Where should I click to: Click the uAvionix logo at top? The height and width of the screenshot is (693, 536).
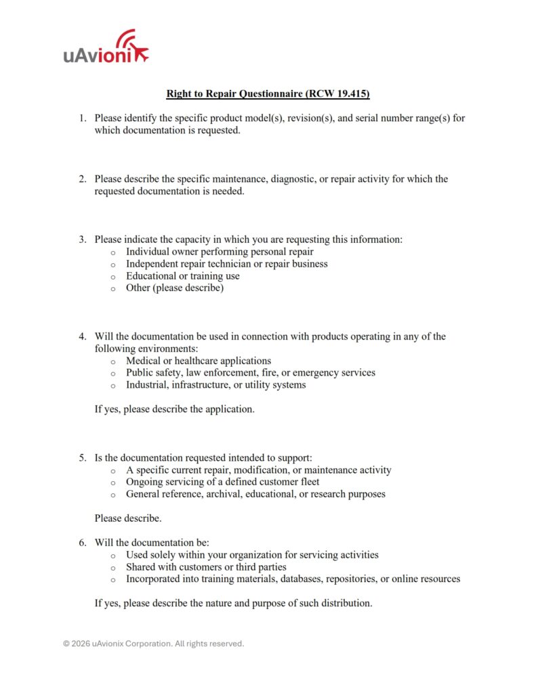(106, 49)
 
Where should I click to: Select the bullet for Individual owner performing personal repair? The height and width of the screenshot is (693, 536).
(112, 252)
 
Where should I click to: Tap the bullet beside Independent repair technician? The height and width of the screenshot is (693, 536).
(112, 265)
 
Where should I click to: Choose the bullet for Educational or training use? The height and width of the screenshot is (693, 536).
(112, 277)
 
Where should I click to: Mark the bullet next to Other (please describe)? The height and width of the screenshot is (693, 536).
(112, 289)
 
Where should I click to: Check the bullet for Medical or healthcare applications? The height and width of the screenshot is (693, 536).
(112, 361)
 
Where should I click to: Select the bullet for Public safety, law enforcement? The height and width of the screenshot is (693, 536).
(112, 374)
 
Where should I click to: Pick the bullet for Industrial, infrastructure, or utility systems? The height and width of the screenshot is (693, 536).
(112, 386)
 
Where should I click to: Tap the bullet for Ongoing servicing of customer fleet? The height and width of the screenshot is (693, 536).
(112, 483)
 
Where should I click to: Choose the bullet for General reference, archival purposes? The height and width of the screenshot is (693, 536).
(112, 495)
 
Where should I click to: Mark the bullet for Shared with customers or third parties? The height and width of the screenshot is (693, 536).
(112, 568)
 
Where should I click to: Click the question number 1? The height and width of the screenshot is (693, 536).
(81, 118)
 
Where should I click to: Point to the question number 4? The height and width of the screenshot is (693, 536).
(81, 336)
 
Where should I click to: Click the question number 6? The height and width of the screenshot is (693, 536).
(81, 543)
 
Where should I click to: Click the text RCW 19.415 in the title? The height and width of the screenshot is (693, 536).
(342, 93)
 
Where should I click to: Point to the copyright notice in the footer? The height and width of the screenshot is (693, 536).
(153, 644)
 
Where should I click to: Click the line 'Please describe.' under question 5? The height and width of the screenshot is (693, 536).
(128, 518)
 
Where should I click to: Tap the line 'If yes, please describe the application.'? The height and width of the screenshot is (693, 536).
(174, 409)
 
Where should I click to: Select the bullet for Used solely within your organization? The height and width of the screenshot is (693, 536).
(112, 556)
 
